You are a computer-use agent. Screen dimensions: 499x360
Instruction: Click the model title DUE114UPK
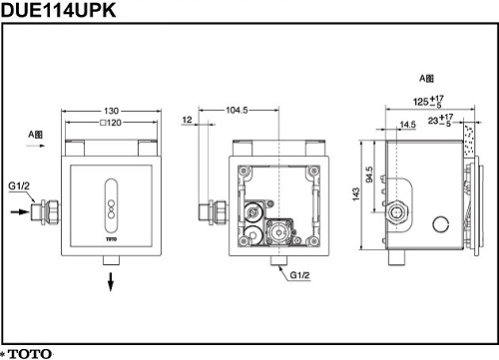(x=59, y=10)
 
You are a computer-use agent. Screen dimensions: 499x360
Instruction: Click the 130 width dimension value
(x=111, y=111)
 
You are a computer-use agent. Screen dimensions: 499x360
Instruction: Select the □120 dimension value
(x=111, y=123)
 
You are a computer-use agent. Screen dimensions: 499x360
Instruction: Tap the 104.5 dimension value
(x=237, y=110)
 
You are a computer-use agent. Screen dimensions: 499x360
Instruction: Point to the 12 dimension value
(x=188, y=120)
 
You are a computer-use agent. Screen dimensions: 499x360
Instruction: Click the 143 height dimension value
(x=356, y=194)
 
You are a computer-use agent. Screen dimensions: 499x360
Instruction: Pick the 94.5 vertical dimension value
(x=369, y=175)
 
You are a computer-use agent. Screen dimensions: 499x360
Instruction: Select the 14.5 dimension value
(x=408, y=125)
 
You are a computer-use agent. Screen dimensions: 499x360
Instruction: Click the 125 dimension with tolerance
(x=428, y=101)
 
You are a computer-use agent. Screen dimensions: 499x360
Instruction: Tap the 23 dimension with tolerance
(x=440, y=120)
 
